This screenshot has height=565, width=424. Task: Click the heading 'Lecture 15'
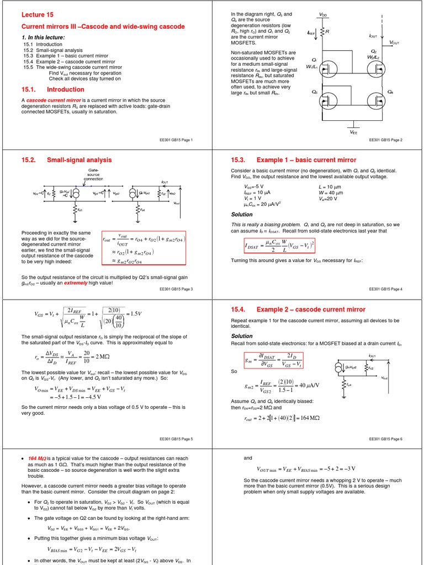click(38, 14)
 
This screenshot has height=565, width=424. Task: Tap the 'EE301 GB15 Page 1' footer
click(175, 140)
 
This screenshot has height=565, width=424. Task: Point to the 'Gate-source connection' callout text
click(93, 174)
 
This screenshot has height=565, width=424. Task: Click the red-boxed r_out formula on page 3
click(144, 248)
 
